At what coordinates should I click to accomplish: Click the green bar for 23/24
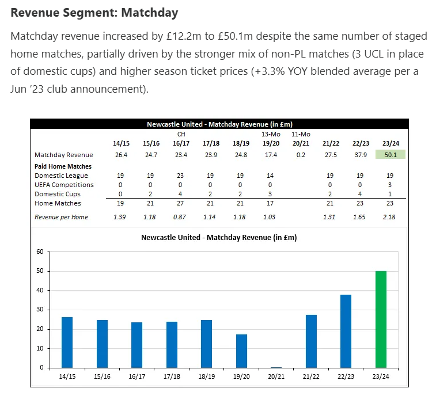tap(380, 319)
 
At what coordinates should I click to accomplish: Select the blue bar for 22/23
tap(346, 331)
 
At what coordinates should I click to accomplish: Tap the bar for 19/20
tap(242, 351)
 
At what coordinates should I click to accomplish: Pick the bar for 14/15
tap(67, 342)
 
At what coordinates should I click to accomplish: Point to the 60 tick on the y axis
tap(40, 252)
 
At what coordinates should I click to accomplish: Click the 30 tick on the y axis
tap(40, 310)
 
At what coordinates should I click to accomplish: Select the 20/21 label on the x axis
tap(276, 376)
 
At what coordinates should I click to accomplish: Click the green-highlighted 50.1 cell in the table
tap(391, 155)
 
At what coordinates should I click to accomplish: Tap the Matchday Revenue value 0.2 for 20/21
tap(300, 155)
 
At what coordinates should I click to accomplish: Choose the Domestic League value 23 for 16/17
tap(180, 176)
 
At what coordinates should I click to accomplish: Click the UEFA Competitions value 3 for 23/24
tap(390, 185)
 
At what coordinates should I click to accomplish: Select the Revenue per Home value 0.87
tap(180, 217)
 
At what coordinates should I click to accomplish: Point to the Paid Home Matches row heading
tap(63, 166)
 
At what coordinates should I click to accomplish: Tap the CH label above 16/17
tap(180, 134)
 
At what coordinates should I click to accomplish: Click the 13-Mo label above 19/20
tap(270, 134)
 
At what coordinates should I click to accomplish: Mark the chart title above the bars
tap(219, 237)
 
